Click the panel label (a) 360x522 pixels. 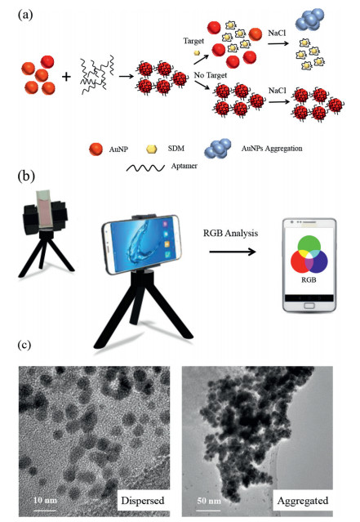25,15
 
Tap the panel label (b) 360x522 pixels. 26,176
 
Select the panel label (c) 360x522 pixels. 24,345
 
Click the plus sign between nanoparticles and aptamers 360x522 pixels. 67,77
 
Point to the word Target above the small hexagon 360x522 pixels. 193,41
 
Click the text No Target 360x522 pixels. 211,75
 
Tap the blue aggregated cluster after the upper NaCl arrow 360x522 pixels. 309,20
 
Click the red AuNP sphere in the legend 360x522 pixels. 96,149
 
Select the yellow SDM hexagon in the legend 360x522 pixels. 151,149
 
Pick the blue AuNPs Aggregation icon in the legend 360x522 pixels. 218,149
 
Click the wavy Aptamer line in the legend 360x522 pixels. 145,167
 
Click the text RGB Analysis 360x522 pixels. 230,233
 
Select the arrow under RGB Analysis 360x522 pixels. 233,252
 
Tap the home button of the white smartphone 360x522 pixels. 309,306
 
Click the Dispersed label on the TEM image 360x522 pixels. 143,501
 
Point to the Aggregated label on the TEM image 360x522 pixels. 303,501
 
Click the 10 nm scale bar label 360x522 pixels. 45,500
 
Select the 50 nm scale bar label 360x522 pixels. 209,501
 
